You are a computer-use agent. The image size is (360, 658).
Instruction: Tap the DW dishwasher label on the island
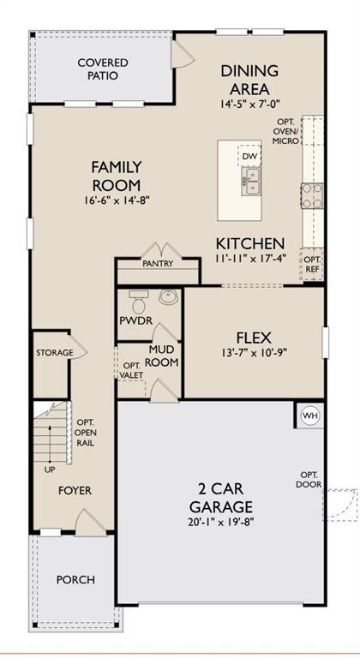click(x=250, y=157)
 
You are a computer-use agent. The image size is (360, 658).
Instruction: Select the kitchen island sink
click(x=251, y=178)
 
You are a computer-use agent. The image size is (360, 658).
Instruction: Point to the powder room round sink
click(x=168, y=299)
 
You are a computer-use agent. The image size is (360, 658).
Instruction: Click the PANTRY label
click(x=158, y=264)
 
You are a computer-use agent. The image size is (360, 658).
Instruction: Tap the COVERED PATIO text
click(x=103, y=69)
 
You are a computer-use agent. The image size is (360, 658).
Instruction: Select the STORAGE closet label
click(x=53, y=353)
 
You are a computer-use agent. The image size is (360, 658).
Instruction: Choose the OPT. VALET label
click(x=131, y=370)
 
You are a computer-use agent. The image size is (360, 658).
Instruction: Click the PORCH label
click(x=75, y=580)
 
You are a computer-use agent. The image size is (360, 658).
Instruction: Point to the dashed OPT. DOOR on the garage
click(x=342, y=505)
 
